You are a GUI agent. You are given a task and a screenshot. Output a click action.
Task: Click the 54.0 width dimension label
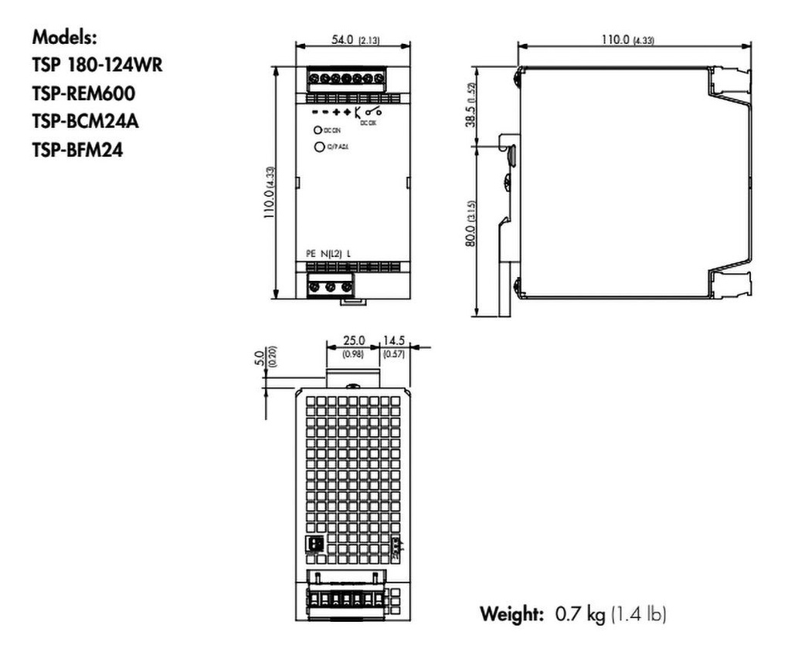tap(341, 40)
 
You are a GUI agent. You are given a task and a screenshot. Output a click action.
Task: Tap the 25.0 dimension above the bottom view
tap(355, 340)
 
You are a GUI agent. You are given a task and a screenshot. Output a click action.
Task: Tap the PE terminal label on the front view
tap(311, 253)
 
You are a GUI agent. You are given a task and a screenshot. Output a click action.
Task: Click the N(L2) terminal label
tap(332, 253)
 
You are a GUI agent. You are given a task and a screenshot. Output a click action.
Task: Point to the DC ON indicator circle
tap(317, 131)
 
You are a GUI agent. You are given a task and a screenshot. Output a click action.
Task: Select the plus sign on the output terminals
tap(346, 113)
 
